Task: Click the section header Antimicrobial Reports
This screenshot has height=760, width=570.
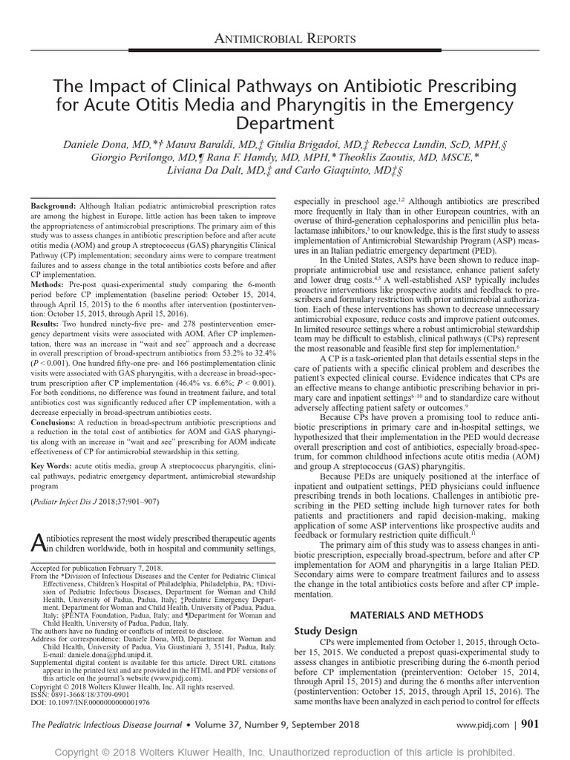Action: (x=285, y=38)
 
